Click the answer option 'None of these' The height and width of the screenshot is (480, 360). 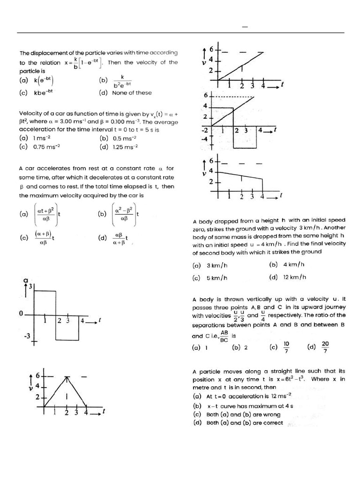pos(132,93)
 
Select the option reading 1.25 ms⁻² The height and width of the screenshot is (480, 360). pos(125,147)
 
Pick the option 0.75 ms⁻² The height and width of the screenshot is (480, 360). pos(46,147)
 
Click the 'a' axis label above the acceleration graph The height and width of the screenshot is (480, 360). pos(26,280)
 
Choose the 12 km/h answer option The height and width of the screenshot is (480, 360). pos(294,277)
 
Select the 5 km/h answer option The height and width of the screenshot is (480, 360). pos(217,277)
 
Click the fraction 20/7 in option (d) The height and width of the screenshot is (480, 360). pos(325,347)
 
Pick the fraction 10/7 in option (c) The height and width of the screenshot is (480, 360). pos(286,347)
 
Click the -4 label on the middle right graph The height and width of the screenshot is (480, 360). pos(204,139)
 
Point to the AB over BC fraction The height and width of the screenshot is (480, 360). pos(224,336)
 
